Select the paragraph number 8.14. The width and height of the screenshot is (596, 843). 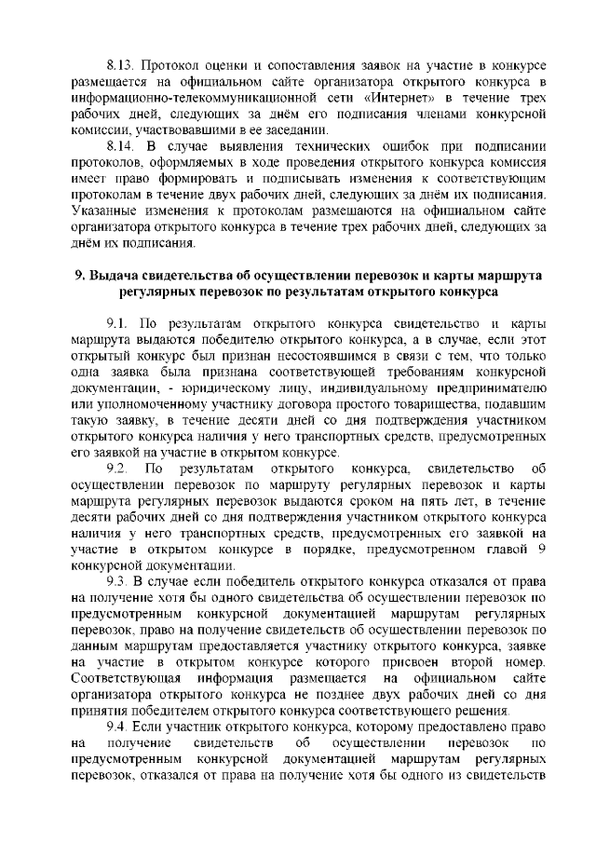pyautogui.click(x=121, y=147)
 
